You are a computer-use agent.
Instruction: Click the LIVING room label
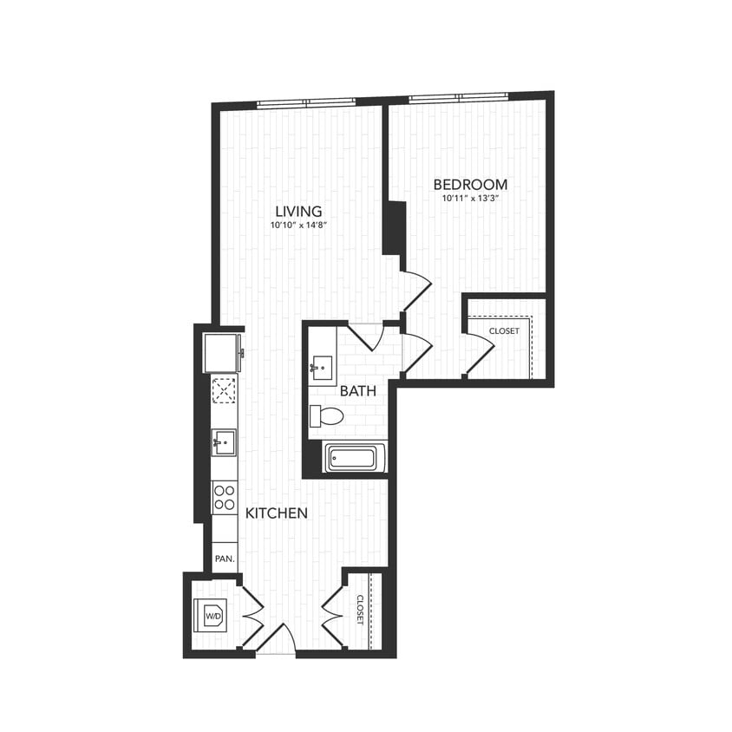click(x=298, y=211)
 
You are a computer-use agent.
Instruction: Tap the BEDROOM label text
click(x=470, y=185)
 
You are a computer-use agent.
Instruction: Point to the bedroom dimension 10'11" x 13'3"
click(x=471, y=199)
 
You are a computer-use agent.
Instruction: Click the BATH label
click(x=357, y=391)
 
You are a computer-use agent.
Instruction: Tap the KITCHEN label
click(x=277, y=513)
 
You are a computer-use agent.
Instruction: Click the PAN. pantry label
click(x=225, y=559)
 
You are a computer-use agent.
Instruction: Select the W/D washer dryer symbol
click(x=212, y=616)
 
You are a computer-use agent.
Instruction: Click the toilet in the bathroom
click(x=327, y=416)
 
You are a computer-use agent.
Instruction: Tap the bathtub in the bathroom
click(x=355, y=457)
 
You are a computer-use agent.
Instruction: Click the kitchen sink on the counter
click(x=224, y=442)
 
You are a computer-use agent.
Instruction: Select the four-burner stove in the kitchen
click(x=225, y=496)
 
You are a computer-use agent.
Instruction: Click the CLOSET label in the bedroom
click(x=504, y=331)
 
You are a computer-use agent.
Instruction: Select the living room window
click(x=305, y=103)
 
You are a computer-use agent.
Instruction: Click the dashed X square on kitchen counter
click(x=225, y=390)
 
